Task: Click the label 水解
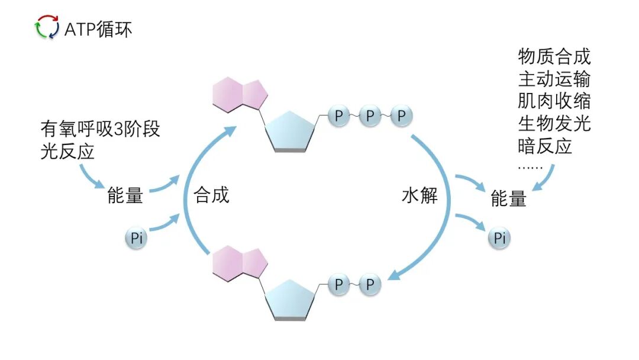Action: [x=419, y=195]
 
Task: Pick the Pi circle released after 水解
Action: [x=499, y=238]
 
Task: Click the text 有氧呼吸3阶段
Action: [x=101, y=128]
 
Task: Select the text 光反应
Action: [x=67, y=152]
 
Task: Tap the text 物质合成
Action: [x=554, y=57]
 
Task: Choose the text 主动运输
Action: [x=554, y=79]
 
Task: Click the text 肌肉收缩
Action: [x=554, y=101]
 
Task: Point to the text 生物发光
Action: [x=554, y=123]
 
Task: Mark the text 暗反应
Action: [x=546, y=146]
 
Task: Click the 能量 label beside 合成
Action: [x=125, y=196]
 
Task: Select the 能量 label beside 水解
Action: [x=508, y=199]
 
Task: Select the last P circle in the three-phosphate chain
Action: [x=401, y=116]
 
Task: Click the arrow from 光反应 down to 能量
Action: [x=89, y=176]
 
